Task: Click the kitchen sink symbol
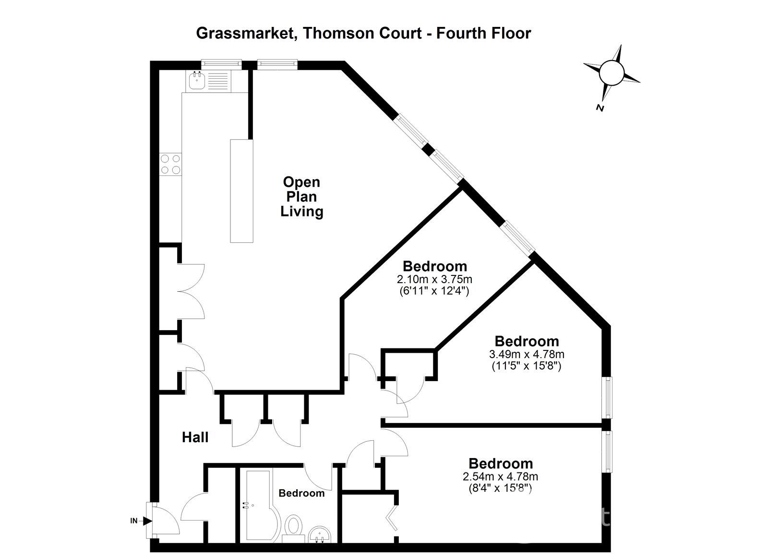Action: pos(196,80)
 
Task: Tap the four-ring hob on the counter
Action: pos(171,163)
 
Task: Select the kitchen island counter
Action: pos(241,191)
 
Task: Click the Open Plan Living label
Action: pos(301,197)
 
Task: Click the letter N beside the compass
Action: pos(600,108)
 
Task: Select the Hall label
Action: pos(195,437)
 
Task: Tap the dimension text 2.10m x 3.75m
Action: pos(434,279)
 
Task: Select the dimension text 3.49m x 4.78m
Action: pos(527,354)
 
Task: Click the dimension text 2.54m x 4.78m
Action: pos(500,477)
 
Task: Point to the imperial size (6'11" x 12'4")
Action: pos(434,291)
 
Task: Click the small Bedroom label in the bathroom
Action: pos(301,493)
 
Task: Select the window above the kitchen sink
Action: pos(221,62)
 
